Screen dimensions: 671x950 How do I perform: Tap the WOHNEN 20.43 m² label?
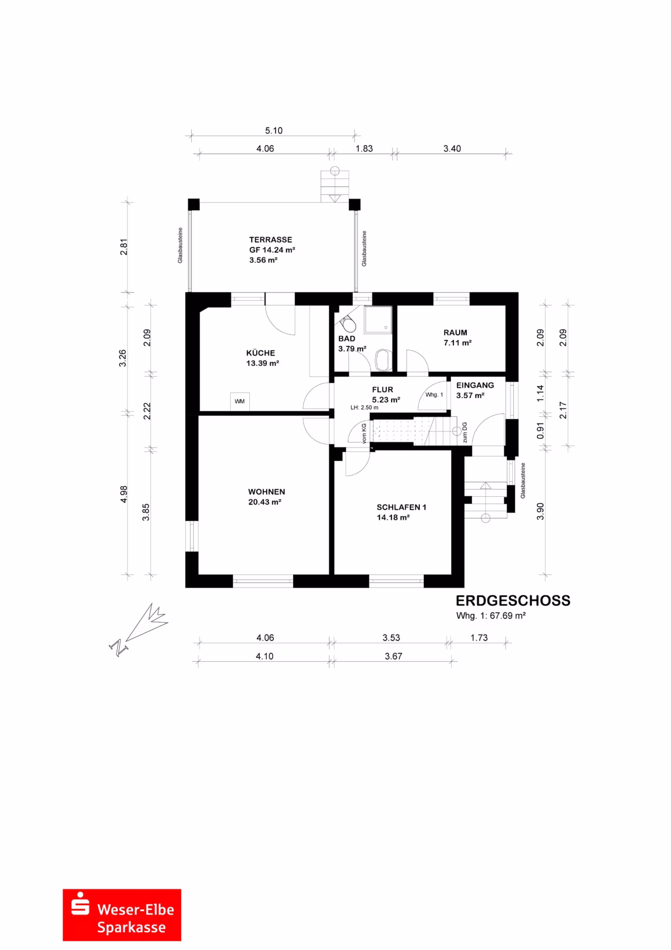(266, 497)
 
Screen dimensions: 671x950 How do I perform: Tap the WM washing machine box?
(240, 401)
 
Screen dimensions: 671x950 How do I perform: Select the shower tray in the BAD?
(377, 320)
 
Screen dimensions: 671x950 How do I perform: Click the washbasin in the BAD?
(383, 360)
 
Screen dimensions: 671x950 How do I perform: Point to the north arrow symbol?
(138, 629)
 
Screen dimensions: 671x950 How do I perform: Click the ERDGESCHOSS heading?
(513, 600)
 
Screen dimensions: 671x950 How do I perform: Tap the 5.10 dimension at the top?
(274, 130)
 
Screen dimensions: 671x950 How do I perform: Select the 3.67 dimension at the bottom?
(393, 656)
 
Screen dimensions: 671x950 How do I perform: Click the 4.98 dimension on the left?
(124, 494)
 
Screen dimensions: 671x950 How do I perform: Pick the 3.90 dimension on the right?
(540, 511)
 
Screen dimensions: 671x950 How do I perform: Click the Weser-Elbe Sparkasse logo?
(122, 915)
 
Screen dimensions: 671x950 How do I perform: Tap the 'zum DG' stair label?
(465, 432)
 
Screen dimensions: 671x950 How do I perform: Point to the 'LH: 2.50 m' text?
(365, 407)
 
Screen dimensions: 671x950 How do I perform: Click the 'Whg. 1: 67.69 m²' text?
(491, 616)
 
